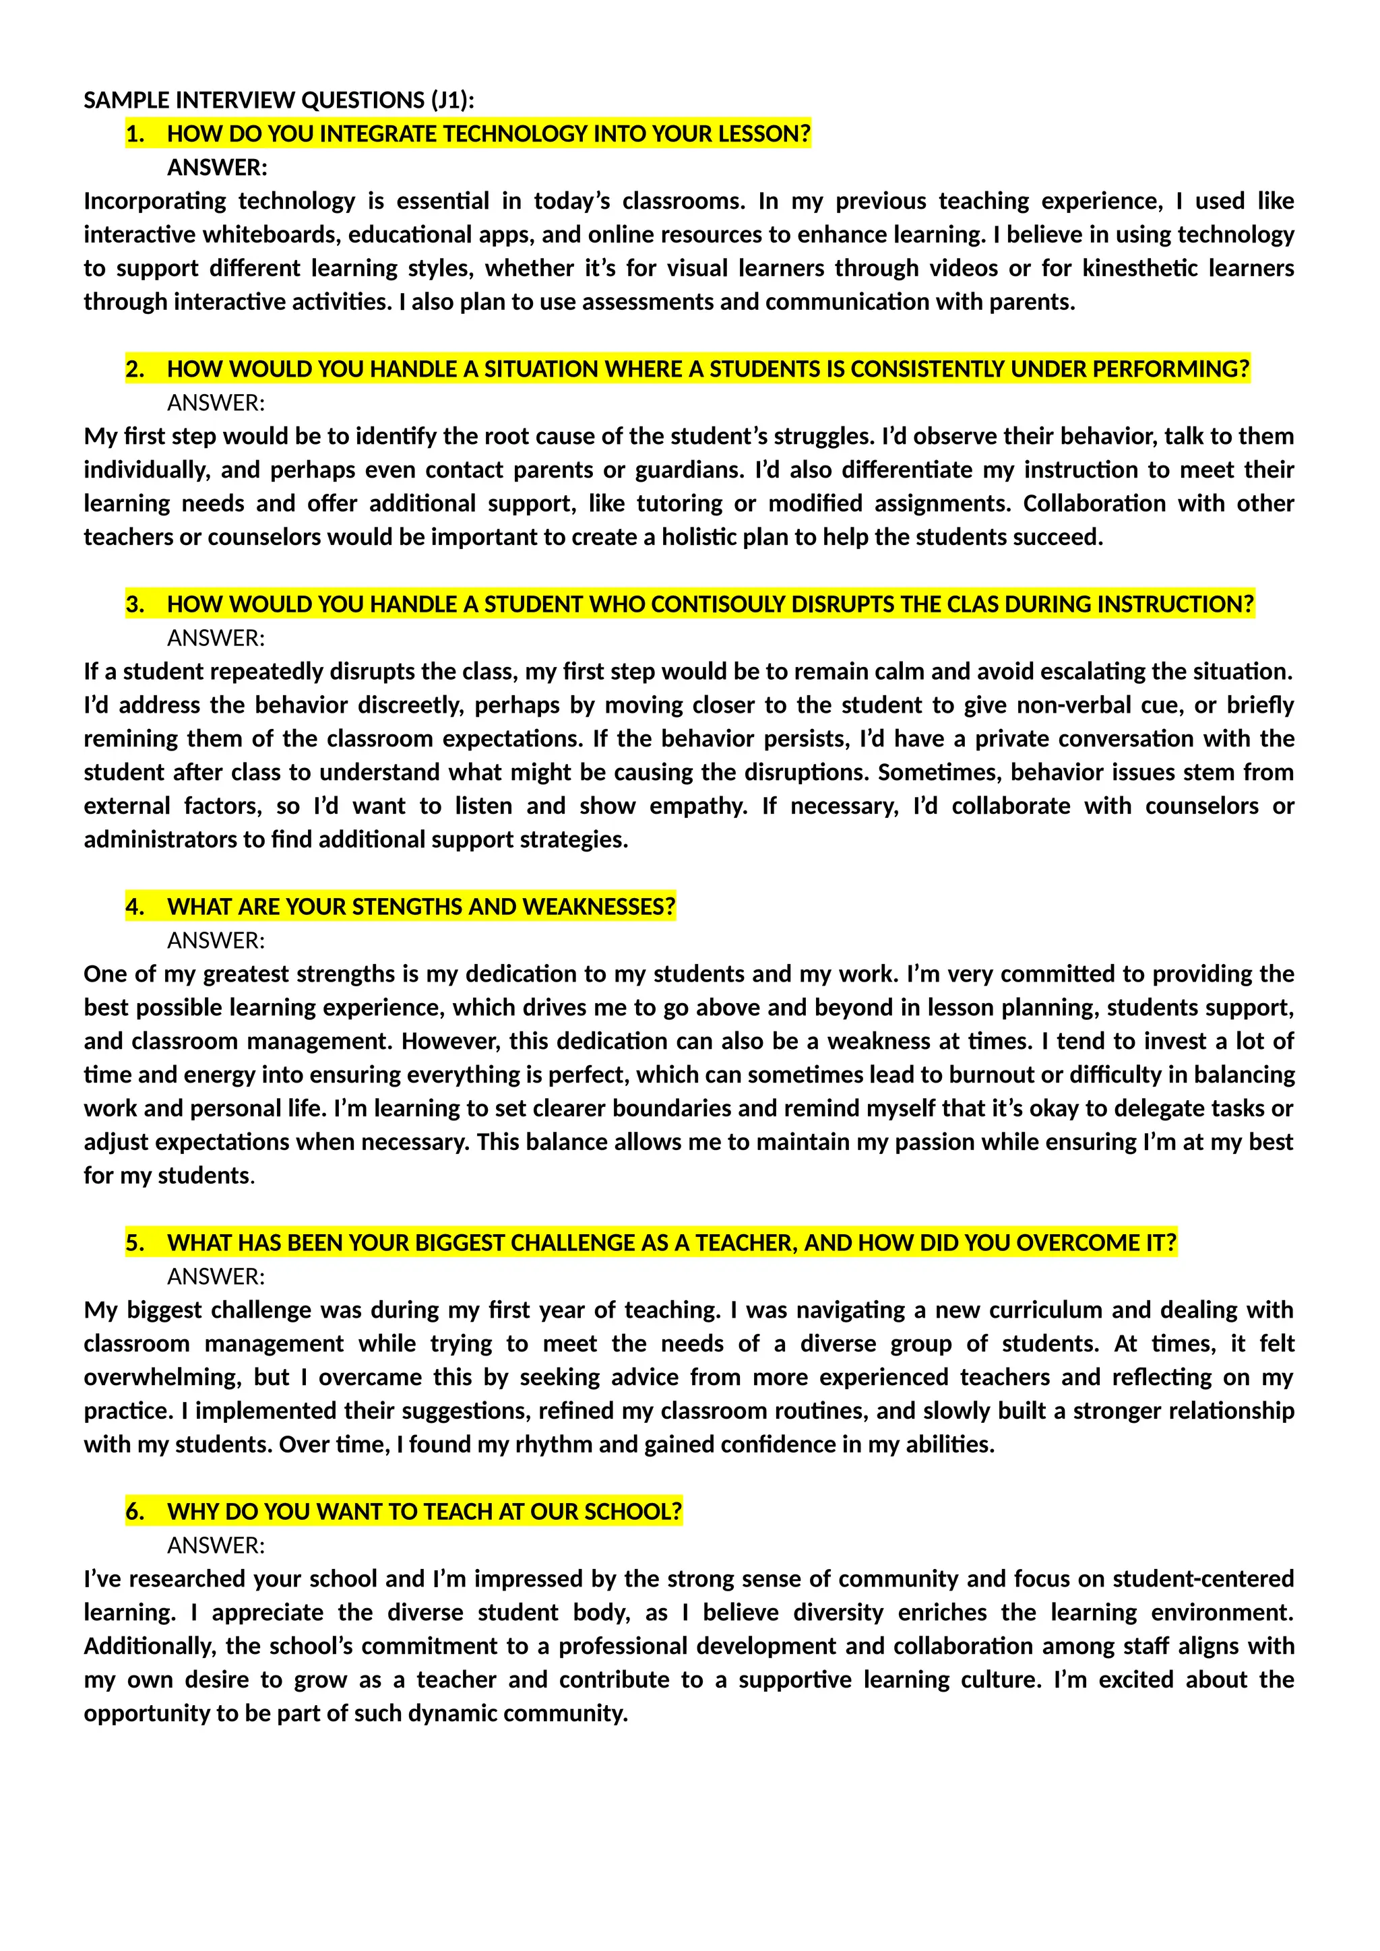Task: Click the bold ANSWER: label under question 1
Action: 217,167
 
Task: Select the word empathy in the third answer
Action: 697,806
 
